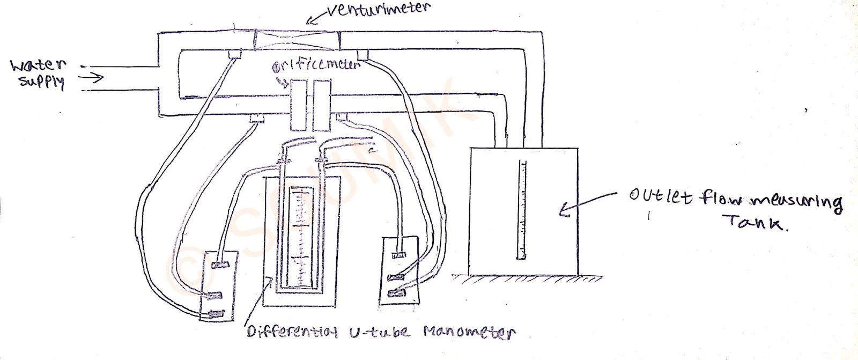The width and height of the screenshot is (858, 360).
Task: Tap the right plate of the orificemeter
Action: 322,106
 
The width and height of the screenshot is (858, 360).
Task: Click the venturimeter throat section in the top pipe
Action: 298,41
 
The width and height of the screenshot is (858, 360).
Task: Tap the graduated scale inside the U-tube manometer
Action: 300,236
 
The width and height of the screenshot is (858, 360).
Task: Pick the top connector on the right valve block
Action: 398,255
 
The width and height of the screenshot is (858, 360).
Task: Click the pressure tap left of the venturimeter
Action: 235,55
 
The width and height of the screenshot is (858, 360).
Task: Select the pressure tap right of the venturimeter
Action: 362,54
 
